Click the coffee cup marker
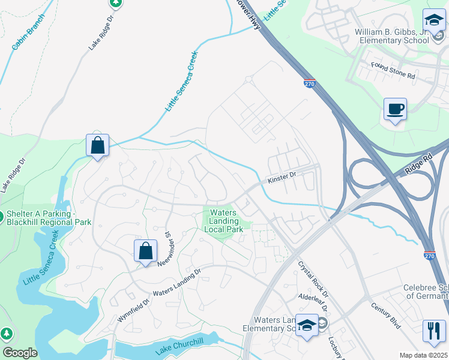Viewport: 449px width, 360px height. click(x=395, y=110)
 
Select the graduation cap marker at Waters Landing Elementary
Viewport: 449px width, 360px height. click(x=307, y=326)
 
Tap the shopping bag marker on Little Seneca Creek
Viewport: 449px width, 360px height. click(x=97, y=145)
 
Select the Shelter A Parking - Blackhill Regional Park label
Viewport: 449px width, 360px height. click(x=48, y=218)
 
